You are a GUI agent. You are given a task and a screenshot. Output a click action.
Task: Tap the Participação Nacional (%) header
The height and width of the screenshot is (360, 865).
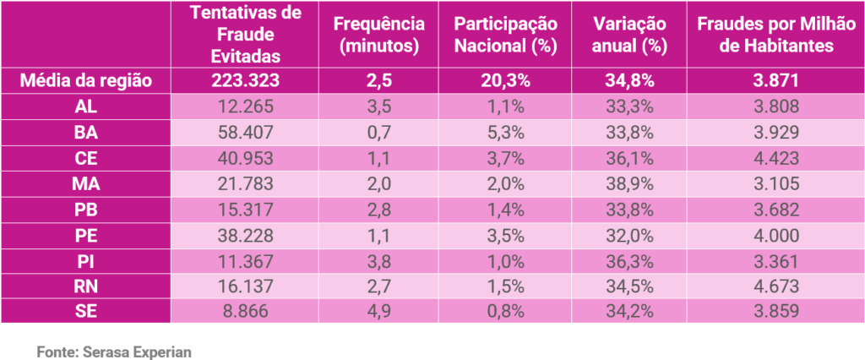(x=506, y=35)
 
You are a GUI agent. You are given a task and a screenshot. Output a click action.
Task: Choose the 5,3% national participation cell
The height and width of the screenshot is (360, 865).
(x=506, y=132)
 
